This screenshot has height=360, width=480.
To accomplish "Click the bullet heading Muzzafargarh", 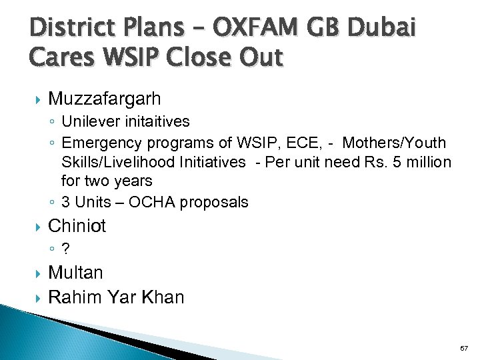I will pyautogui.click(x=105, y=99).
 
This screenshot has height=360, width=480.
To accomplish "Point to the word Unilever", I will pyautogui.click(x=91, y=121).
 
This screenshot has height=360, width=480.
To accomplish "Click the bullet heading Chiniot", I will pyautogui.click(x=77, y=226).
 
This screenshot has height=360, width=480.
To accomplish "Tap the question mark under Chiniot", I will pyautogui.click(x=65, y=249).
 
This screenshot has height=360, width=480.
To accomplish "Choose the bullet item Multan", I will pyautogui.click(x=76, y=273).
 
